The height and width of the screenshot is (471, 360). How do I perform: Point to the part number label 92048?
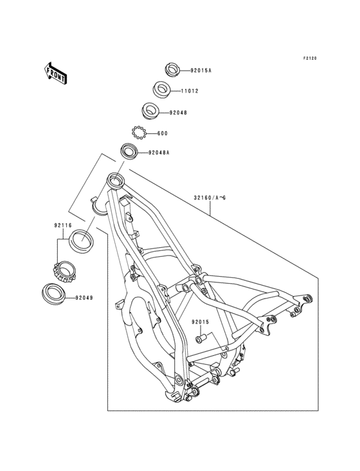click(x=177, y=113)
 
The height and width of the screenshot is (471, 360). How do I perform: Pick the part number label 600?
click(x=163, y=133)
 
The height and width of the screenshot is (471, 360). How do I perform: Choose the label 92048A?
click(x=159, y=153)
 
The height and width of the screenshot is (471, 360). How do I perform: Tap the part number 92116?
click(x=63, y=226)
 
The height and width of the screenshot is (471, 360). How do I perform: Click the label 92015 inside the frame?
click(x=201, y=322)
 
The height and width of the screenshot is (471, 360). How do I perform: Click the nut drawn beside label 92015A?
click(x=172, y=68)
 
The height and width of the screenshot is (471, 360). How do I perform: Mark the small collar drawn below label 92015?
click(x=200, y=336)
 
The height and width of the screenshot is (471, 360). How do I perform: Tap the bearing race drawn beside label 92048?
click(x=150, y=111)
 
